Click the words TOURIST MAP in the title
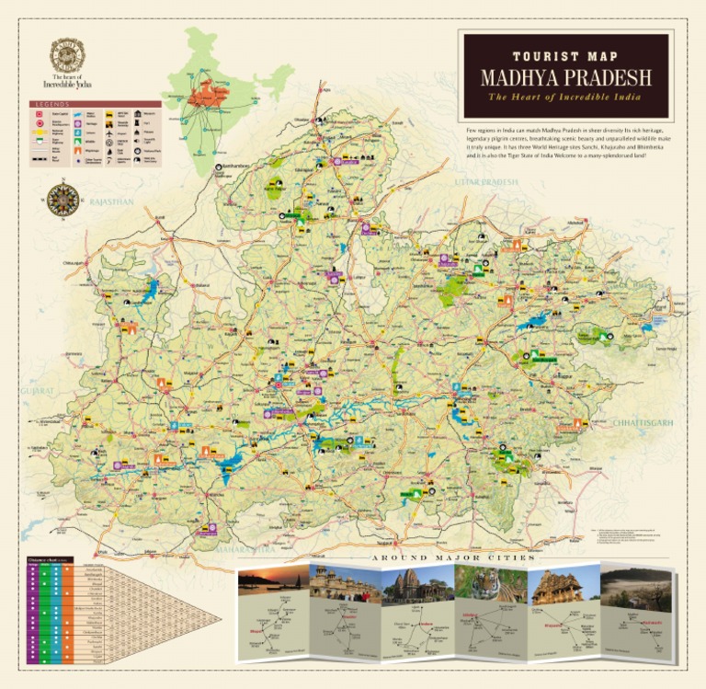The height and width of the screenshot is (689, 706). pos(565,55)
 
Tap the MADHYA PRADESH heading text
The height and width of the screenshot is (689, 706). pos(565,76)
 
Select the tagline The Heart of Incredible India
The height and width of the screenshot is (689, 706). pos(565,97)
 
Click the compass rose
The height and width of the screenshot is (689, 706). pos(63,198)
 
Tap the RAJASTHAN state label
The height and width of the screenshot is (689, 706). pos(111,201)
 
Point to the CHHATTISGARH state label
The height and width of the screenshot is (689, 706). pos(643,422)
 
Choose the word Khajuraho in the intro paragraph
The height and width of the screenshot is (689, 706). pos(604,148)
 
